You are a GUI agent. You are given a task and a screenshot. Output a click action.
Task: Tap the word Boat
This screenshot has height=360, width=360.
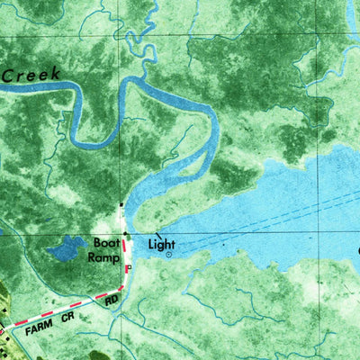click(x=106, y=243)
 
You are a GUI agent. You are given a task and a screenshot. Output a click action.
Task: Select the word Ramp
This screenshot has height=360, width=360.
click(x=102, y=256)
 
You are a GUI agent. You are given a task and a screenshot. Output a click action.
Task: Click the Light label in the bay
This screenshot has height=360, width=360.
click(x=162, y=243)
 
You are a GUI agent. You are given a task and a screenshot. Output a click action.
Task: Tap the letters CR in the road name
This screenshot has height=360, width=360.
click(x=67, y=318)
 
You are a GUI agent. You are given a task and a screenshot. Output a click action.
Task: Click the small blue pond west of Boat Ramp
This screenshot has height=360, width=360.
click(x=64, y=247)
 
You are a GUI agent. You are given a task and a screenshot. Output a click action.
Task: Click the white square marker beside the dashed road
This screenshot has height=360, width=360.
click(x=128, y=268)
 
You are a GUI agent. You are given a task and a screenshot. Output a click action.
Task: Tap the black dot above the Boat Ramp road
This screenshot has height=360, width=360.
click(x=125, y=233)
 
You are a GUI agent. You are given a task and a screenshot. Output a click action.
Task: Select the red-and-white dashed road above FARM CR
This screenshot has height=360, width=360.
click(x=63, y=309)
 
